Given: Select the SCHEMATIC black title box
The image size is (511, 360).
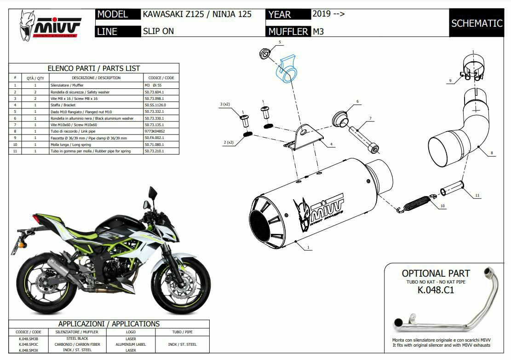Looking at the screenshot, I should pos(477,23).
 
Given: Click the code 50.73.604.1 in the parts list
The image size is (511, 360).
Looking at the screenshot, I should pos(155,92).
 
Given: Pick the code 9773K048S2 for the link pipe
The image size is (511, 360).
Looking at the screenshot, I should pos(155,131).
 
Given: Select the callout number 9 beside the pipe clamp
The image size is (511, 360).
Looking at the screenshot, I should pos(450,81).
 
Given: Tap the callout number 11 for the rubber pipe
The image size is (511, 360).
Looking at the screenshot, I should pos(477,196).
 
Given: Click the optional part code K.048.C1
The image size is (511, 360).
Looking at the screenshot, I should pos(435,290).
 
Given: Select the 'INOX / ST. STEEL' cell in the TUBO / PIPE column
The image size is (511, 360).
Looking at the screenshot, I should pos(183,344).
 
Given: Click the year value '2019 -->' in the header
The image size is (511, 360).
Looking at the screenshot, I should pos(328,13).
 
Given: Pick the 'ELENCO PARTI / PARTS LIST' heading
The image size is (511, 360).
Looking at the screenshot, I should pos(94,68).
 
